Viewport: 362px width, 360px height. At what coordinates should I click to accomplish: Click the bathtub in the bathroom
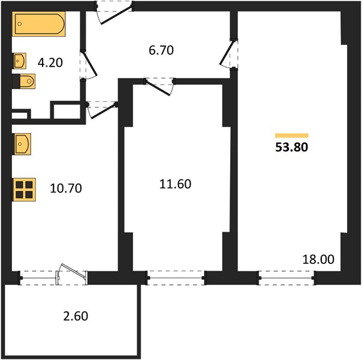(39, 24)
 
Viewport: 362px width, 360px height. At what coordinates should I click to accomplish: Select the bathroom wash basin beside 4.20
(19, 61)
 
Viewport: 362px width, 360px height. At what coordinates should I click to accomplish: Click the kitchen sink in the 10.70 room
(22, 144)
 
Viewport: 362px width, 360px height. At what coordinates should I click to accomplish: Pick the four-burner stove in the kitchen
(24, 190)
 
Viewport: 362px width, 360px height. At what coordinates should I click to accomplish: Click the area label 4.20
(50, 62)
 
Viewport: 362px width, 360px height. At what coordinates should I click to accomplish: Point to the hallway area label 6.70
(161, 50)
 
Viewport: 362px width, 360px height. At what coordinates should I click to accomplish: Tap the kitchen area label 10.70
(66, 188)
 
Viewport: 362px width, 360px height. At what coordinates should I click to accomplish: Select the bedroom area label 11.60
(175, 184)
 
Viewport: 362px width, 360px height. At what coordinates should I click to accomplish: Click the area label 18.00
(318, 259)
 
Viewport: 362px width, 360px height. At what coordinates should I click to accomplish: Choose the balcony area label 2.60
(76, 316)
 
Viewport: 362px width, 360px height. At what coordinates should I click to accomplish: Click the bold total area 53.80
(292, 147)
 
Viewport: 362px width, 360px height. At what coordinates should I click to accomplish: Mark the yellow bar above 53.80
(292, 136)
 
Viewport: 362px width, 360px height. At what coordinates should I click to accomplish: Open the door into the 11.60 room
(159, 88)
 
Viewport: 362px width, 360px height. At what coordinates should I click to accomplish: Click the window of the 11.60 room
(176, 278)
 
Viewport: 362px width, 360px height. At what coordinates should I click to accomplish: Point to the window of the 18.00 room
(286, 278)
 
